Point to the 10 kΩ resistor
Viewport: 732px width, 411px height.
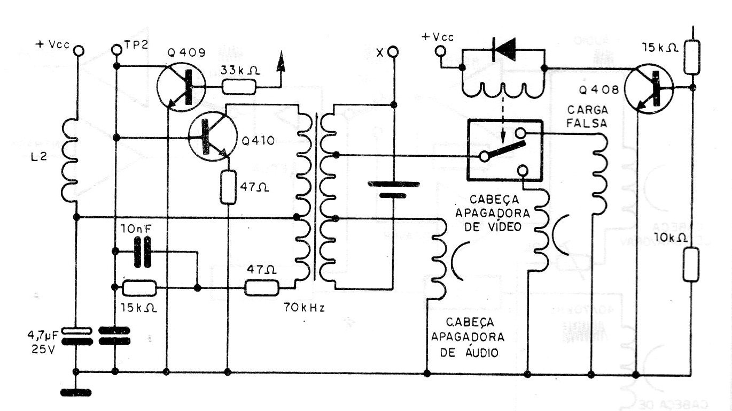[691, 263]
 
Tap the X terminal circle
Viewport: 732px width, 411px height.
[393, 51]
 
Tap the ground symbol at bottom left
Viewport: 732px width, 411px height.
[76, 392]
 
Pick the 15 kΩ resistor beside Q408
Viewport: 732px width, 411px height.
[692, 53]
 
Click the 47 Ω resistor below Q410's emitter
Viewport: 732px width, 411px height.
[228, 186]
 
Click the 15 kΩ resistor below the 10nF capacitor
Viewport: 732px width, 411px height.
[139, 288]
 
